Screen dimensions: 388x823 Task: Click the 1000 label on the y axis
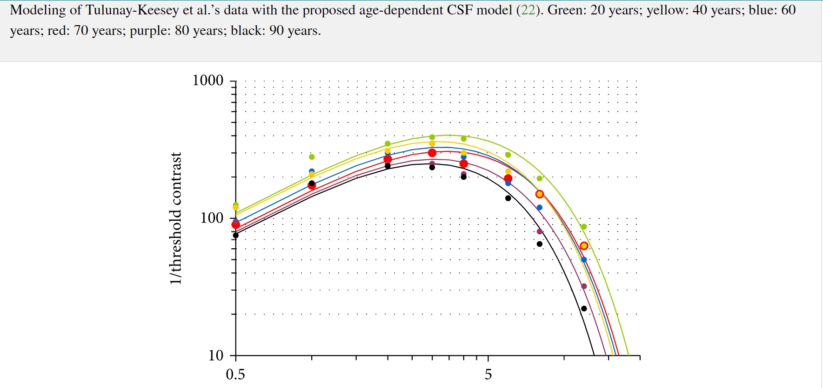208,80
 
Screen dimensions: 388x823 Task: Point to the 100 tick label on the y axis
212,218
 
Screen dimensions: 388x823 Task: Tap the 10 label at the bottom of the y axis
216,355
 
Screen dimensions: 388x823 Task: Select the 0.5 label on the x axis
235,374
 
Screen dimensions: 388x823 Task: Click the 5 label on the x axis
488,374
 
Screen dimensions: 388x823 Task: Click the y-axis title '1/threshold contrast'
175,218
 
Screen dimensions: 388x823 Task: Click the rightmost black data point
584,308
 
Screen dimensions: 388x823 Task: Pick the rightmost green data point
584,227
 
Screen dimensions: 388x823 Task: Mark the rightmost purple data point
584,286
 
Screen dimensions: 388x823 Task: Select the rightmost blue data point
584,260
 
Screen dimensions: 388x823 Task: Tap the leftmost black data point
236,235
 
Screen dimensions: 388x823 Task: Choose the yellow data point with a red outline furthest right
584,246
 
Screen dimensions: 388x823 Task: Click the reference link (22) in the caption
528,10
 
